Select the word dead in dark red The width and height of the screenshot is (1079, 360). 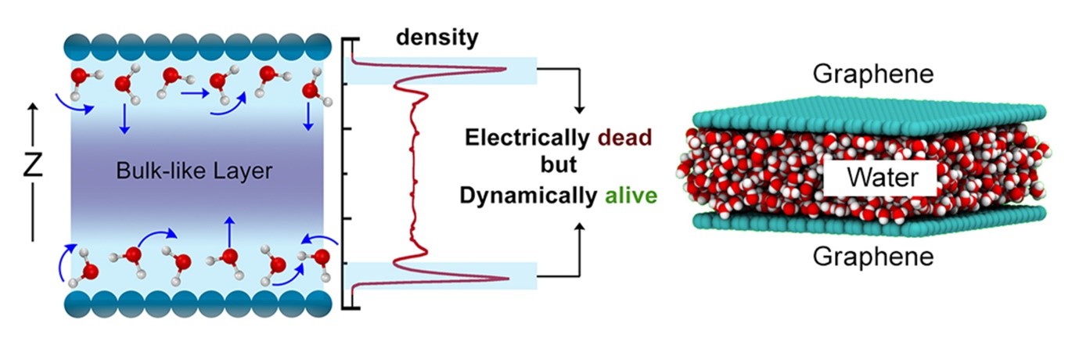624,139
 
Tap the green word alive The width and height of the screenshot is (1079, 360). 631,195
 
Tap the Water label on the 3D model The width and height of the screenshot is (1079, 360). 879,178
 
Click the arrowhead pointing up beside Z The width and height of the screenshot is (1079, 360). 33,112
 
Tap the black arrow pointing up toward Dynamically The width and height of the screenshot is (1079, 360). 579,227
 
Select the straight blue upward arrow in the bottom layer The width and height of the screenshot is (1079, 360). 229,231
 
